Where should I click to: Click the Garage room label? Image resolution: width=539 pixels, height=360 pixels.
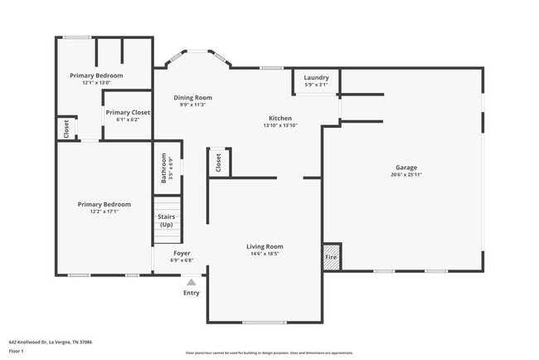coord(405,167)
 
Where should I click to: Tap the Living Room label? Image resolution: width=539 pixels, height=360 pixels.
coord(265,246)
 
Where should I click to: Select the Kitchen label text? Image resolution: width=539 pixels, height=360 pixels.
coord(279,118)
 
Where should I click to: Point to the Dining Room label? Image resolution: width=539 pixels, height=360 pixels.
coord(192,98)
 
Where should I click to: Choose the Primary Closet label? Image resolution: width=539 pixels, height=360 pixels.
coord(128,112)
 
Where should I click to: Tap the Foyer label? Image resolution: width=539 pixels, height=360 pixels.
coord(182,253)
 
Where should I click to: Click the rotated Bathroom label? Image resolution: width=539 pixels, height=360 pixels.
coord(163,167)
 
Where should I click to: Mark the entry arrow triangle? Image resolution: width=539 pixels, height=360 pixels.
coord(192,282)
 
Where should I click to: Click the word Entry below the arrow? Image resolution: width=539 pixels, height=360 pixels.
coord(192,293)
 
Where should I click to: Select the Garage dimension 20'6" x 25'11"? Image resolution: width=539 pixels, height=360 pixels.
coord(405,174)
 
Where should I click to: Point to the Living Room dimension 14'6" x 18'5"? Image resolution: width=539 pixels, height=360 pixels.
coord(265,254)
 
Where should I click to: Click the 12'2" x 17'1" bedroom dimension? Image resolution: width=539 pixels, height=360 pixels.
coord(104,212)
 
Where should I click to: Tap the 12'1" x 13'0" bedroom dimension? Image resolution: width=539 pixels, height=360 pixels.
coord(96,83)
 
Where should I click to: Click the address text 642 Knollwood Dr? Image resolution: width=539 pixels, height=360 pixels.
coord(51,342)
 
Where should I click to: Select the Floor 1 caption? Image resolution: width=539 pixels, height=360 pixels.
coord(17,351)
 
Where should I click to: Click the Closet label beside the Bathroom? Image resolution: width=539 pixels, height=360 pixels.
coord(217,163)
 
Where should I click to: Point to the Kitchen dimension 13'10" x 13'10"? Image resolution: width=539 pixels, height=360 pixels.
coord(279,125)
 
